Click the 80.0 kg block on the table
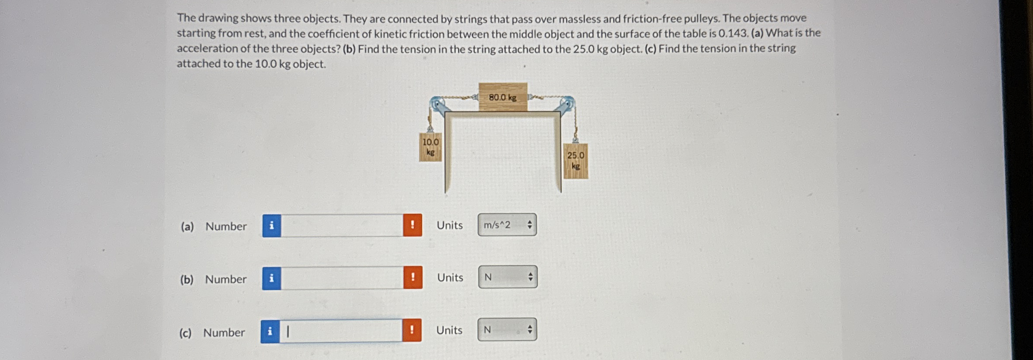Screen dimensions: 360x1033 (503, 97)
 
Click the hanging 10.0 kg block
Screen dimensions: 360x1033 (430, 147)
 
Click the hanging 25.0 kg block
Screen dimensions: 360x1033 (575, 161)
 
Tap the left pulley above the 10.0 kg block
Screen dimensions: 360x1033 (437, 106)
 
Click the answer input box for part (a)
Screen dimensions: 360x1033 (342, 225)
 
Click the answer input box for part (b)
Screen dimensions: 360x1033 (342, 278)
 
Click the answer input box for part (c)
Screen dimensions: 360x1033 (341, 331)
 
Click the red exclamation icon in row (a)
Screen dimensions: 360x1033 (412, 225)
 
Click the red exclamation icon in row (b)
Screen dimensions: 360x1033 (412, 277)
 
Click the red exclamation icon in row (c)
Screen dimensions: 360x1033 (412, 330)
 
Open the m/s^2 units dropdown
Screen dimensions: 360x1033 (507, 225)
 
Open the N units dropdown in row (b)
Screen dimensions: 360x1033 (507, 277)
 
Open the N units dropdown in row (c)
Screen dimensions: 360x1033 (507, 330)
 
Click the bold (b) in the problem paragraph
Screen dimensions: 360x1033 (349, 49)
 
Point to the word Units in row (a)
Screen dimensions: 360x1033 (450, 225)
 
